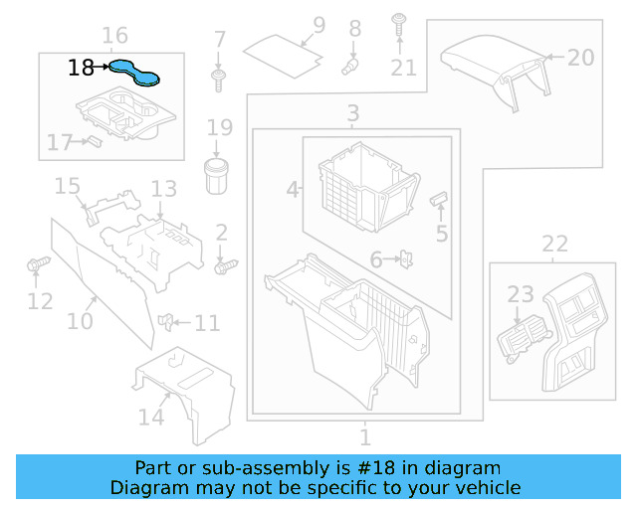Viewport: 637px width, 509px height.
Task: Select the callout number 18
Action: [82, 68]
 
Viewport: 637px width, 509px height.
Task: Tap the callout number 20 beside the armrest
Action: [580, 57]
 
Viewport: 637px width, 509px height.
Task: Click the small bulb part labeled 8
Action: [350, 65]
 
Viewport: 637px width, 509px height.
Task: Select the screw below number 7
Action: [219, 77]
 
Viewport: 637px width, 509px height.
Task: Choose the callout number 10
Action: [80, 321]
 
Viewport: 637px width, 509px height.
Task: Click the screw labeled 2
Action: [226, 265]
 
